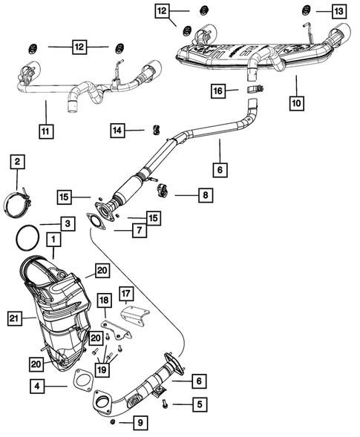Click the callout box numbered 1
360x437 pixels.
coord(53,240)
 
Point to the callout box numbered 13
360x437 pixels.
coord(338,10)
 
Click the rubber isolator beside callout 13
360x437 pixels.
coord(305,10)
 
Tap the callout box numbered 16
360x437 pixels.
coord(217,91)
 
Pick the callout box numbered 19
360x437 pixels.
coord(104,368)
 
